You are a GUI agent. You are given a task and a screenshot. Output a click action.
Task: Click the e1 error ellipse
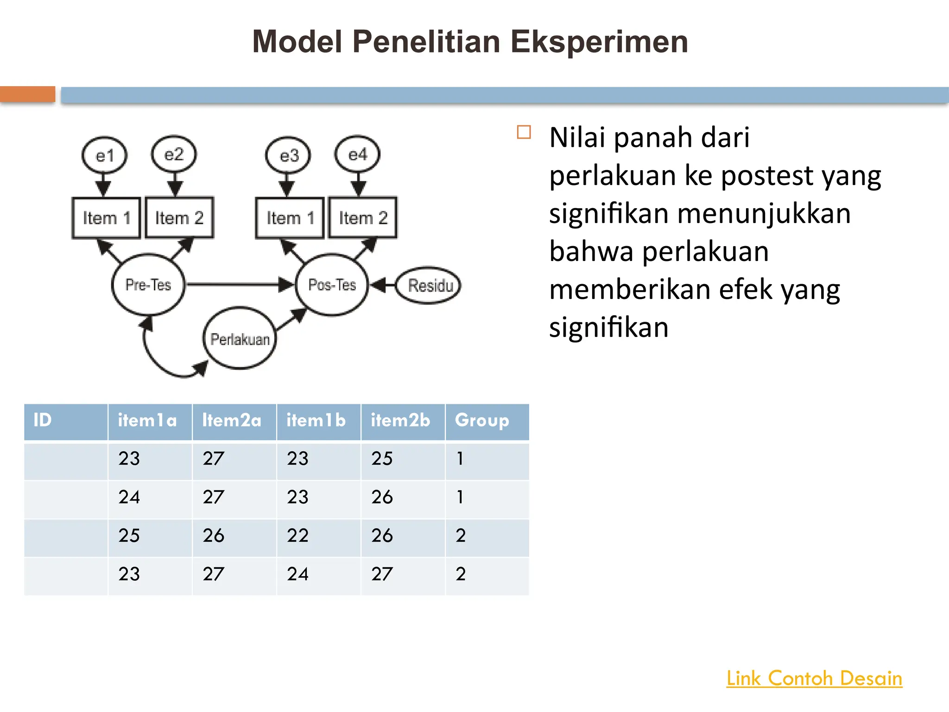pos(104,155)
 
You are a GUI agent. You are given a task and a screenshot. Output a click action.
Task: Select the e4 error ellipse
pos(357,154)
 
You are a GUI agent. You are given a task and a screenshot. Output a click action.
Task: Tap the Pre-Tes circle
pos(148,285)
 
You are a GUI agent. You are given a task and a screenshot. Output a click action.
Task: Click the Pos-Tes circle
pos(332,285)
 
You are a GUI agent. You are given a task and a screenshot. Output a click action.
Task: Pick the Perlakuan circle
pos(240,339)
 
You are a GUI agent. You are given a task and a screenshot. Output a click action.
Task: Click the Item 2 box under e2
pos(179,217)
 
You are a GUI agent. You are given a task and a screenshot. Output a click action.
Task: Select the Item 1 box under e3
pos(290,217)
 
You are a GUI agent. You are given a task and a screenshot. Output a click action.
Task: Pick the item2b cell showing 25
pos(382,459)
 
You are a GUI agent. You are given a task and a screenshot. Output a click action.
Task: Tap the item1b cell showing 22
pos(298,536)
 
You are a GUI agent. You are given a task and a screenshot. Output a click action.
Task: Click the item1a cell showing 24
pos(129,497)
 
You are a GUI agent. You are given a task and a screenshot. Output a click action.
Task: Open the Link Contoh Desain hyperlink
pos(814,678)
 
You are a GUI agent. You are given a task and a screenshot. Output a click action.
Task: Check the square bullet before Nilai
pos(524,133)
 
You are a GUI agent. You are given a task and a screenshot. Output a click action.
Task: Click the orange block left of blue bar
pos(27,94)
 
